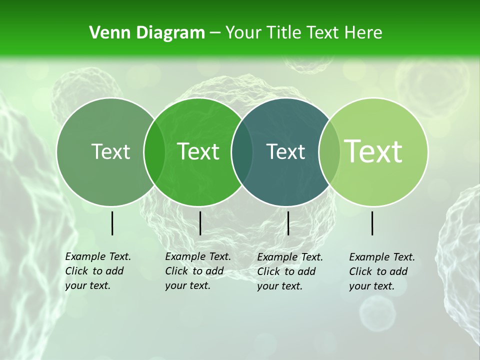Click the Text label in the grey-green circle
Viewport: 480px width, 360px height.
point(110,152)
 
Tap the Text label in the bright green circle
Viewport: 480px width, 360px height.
point(198,152)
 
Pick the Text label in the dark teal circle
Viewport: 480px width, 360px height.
point(286,152)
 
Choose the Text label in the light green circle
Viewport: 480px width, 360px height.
point(373,151)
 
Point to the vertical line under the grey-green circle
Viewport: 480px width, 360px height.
point(112,223)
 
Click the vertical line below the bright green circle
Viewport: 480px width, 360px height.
point(200,223)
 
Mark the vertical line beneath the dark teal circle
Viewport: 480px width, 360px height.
point(288,223)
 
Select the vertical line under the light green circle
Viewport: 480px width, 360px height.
point(372,223)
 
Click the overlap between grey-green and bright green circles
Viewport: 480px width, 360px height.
point(154,152)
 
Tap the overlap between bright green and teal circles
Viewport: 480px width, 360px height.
point(242,152)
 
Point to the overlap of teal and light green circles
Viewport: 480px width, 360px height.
point(329,152)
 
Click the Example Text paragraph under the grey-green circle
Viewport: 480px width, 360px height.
point(98,271)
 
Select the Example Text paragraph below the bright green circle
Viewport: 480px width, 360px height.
point(198,271)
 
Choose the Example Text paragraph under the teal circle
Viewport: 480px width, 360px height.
point(290,271)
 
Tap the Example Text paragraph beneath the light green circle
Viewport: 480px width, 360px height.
point(382,271)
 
